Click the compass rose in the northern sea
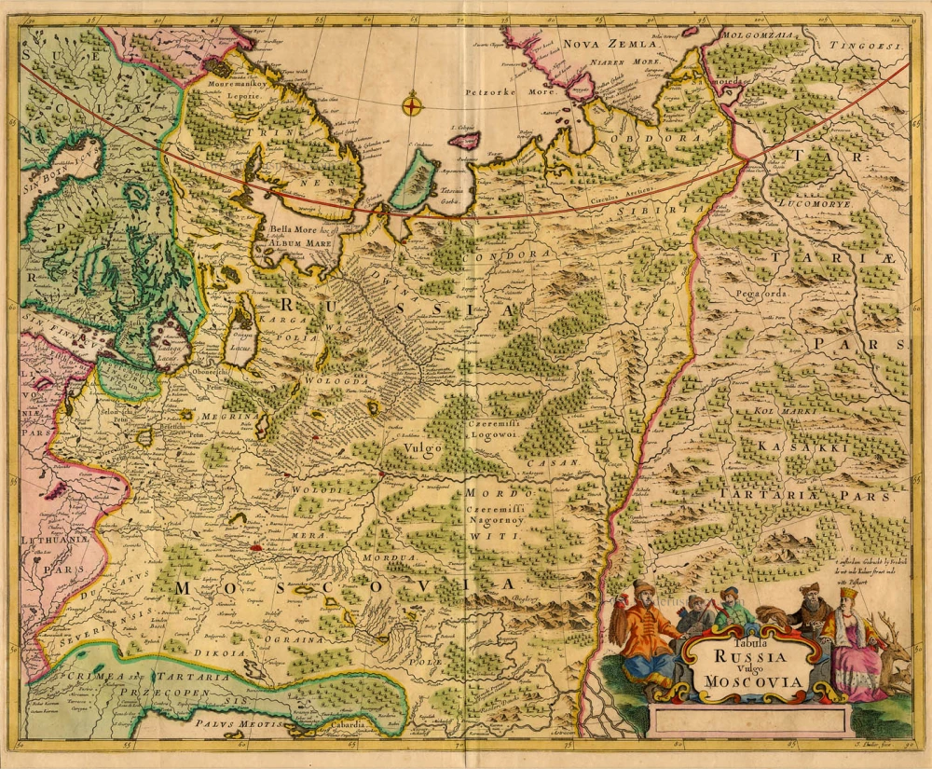point(412,104)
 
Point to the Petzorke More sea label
point(511,93)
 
